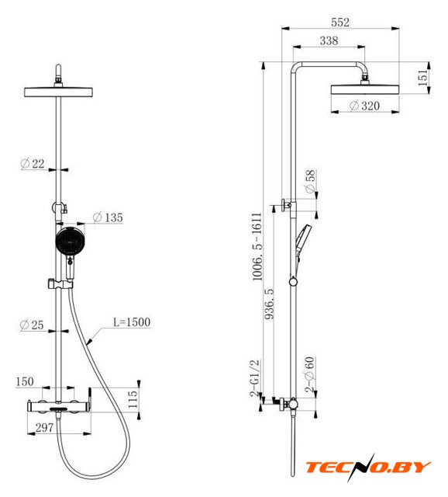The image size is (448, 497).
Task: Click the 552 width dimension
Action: tap(340, 23)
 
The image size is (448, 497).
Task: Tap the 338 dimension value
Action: tap(329, 40)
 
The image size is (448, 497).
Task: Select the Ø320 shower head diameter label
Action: tap(364, 106)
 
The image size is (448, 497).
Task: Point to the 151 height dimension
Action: tap(422, 78)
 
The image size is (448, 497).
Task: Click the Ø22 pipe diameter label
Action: tap(33, 164)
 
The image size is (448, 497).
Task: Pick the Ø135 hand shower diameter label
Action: tap(108, 217)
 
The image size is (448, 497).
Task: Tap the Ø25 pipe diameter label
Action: tap(31, 325)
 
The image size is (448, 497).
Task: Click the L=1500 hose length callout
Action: tap(132, 322)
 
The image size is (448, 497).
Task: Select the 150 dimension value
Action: tap(25, 381)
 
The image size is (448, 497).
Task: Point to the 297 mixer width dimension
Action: tap(44, 428)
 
